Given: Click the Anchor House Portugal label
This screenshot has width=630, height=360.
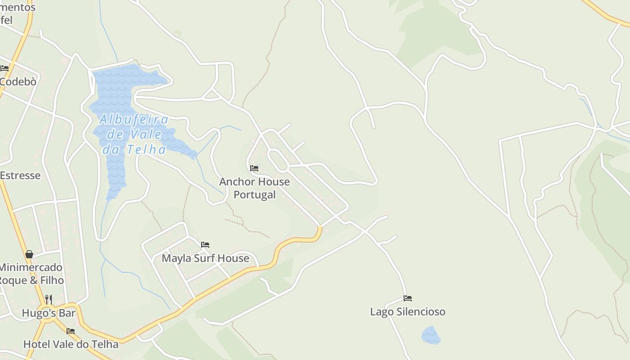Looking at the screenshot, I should tap(254, 188).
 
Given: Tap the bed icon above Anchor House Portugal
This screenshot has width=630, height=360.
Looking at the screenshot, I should tap(254, 168).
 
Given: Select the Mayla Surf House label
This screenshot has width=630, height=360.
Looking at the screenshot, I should tap(205, 258).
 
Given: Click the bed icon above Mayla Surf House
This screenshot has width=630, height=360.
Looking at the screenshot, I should tap(205, 245).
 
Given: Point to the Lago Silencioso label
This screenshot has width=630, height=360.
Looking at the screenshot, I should tap(408, 311).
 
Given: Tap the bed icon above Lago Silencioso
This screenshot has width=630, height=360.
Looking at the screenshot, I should tap(408, 298).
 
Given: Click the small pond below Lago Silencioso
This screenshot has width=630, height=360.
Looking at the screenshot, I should tap(431, 335).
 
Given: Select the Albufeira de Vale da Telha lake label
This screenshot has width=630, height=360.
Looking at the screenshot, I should tap(134, 135).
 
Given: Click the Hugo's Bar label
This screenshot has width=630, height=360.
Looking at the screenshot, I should tap(49, 313).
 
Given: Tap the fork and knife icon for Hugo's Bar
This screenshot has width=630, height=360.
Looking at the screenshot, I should tap(49, 299).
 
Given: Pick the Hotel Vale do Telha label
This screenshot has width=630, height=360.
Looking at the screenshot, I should tap(71, 345).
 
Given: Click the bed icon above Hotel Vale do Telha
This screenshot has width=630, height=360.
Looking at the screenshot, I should tap(71, 331).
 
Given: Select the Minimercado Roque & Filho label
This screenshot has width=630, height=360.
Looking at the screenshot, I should tap(31, 274).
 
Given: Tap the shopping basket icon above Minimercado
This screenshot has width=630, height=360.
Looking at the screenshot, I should tap(29, 254).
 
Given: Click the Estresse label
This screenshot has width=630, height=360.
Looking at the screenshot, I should tap(20, 175).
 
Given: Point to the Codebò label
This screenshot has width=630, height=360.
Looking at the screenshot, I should tap(18, 82).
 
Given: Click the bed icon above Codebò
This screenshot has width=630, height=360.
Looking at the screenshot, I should tap(4, 68).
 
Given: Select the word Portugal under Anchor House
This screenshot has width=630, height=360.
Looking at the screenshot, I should tap(254, 195).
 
